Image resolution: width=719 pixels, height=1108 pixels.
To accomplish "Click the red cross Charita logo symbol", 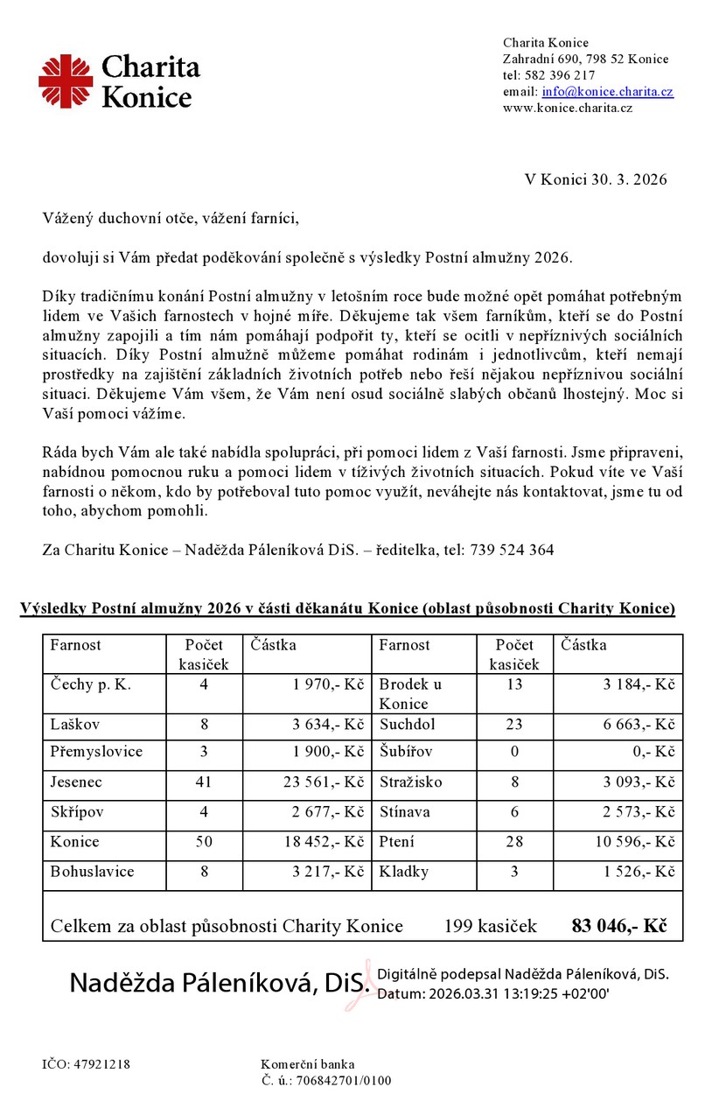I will (x=66, y=81).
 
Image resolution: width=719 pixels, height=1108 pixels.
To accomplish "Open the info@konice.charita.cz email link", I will (x=607, y=92).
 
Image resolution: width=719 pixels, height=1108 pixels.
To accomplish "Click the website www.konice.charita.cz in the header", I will (x=567, y=108).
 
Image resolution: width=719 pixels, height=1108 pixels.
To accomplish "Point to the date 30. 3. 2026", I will (x=626, y=179).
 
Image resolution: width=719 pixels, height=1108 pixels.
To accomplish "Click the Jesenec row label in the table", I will (x=76, y=782).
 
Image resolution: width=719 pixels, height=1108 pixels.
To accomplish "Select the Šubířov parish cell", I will (x=406, y=753).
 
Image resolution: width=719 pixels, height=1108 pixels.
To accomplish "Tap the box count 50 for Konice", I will (x=204, y=842).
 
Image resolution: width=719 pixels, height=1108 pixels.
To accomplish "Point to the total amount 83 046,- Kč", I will (x=618, y=925).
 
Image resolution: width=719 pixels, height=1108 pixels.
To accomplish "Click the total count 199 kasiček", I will (x=490, y=926).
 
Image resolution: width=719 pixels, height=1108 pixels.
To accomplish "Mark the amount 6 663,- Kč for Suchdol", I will (x=639, y=725).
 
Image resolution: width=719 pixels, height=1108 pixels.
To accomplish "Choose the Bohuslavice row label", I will (x=92, y=872).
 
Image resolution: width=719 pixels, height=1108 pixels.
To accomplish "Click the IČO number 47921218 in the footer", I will (x=99, y=1064).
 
